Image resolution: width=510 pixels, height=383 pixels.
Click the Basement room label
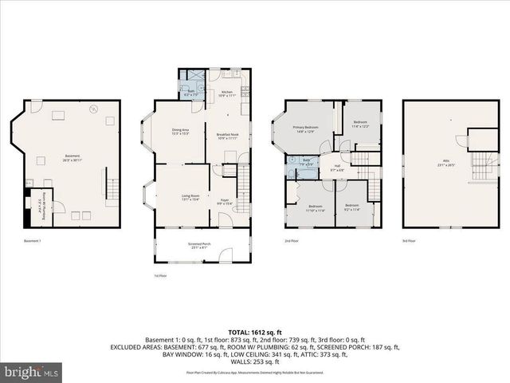(71, 157)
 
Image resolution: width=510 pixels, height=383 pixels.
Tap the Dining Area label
(180, 131)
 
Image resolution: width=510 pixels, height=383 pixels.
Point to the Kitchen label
(226, 93)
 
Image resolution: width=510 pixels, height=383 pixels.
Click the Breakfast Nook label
(228, 136)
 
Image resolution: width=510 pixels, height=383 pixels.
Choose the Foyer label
(224, 202)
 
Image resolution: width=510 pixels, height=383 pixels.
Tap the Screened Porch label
(178, 246)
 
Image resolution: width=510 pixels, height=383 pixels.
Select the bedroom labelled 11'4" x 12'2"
(361, 124)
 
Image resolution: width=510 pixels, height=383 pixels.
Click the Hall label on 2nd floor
(336, 168)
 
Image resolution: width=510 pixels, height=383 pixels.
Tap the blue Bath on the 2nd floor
(306, 162)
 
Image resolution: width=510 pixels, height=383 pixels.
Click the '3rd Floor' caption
(408, 240)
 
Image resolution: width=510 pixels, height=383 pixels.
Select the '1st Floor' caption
(160, 275)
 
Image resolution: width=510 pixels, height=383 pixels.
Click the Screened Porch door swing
(226, 255)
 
